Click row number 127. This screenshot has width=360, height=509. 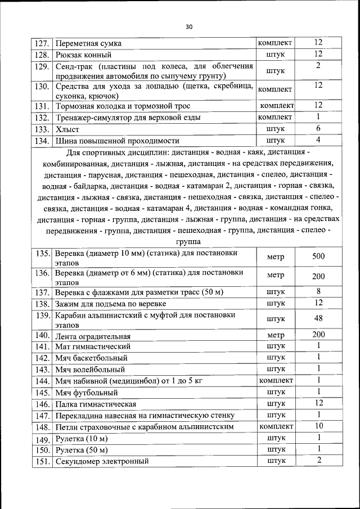click(42, 43)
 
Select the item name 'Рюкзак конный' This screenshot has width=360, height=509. click(83, 55)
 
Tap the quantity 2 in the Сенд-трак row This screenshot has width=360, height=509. click(318, 66)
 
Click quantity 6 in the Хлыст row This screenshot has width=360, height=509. click(318, 128)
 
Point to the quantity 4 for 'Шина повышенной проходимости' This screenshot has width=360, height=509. click(318, 140)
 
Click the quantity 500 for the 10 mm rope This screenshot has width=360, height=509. click(318, 256)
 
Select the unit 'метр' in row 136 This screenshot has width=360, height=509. click(276, 276)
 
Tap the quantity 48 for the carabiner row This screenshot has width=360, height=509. click(318, 318)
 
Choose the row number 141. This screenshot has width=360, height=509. click(43, 346)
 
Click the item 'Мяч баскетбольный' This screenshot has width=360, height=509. click(91, 358)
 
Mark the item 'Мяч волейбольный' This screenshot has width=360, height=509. click(89, 370)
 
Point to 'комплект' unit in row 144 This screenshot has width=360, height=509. click(276, 381)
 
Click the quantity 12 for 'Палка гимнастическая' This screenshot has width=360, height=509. click(318, 403)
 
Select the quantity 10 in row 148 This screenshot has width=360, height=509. click(318, 426)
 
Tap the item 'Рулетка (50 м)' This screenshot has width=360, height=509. click(81, 450)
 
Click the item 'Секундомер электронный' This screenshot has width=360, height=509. click(102, 462)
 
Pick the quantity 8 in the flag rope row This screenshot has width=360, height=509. click(318, 291)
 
